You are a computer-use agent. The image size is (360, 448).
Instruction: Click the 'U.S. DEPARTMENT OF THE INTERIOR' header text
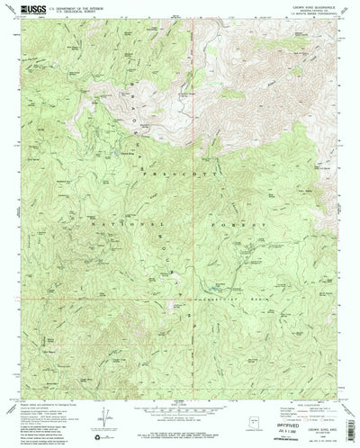click(x=76, y=7)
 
